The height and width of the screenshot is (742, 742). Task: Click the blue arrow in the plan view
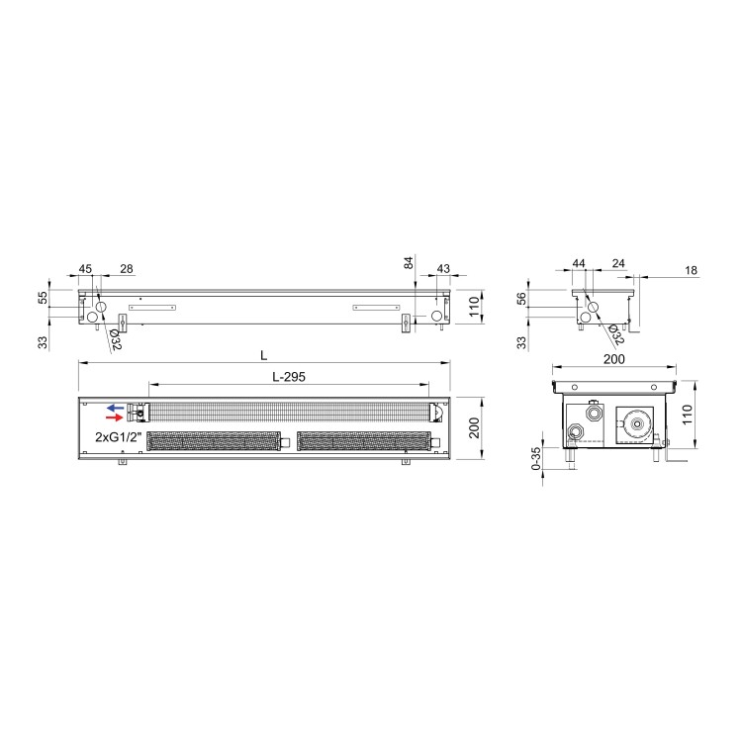[x=115, y=408]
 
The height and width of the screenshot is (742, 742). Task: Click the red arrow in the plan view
[x=114, y=417]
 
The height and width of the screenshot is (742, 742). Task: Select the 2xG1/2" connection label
[x=119, y=437]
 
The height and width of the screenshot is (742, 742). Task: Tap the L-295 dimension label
[x=289, y=377]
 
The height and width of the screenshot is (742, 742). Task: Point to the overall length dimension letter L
[x=263, y=355]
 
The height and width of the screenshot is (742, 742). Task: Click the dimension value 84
[x=409, y=262]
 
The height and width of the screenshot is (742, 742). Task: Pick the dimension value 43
[x=443, y=269]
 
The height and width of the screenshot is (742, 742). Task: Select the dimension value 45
[x=85, y=269]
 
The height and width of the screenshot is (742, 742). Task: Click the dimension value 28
[x=127, y=269]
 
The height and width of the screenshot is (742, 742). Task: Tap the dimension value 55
[x=43, y=298]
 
